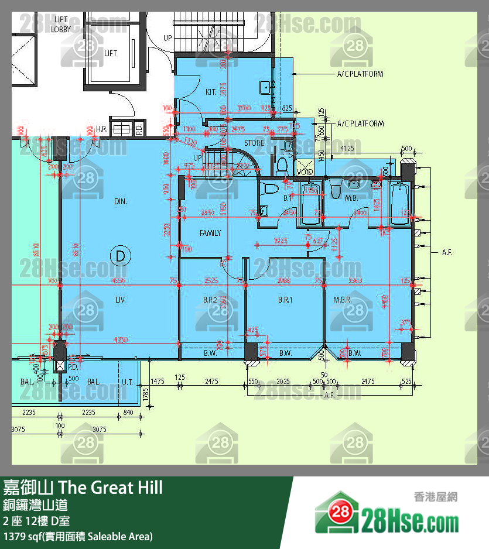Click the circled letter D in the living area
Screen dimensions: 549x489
point(120,256)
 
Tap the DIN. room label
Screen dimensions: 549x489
point(121,201)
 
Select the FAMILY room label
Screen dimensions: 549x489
point(210,233)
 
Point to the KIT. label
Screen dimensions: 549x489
point(211,92)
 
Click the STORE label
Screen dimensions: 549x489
point(254,143)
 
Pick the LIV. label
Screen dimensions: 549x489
point(121,300)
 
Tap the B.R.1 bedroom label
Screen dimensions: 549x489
point(285,300)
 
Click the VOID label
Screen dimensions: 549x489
point(305,172)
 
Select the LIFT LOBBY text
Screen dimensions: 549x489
point(61,25)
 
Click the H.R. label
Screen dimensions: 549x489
point(101,129)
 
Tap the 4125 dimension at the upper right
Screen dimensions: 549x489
point(347,149)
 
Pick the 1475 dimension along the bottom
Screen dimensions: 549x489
point(158,381)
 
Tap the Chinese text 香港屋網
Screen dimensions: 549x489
point(435,497)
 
